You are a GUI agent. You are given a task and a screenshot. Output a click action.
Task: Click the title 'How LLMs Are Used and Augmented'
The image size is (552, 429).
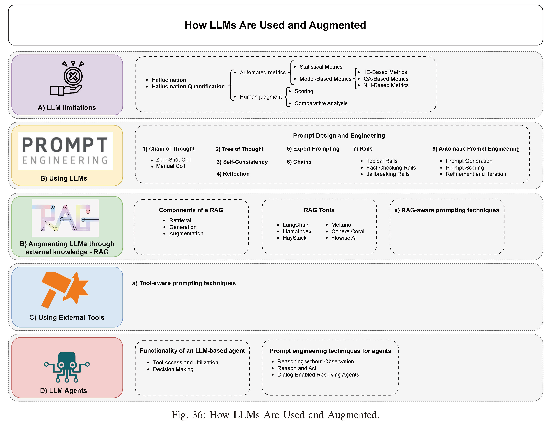[x=275, y=25]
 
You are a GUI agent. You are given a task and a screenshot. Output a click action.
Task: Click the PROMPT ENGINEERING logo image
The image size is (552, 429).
[x=65, y=151]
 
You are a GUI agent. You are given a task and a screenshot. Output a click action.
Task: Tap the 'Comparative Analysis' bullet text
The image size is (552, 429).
[x=321, y=103]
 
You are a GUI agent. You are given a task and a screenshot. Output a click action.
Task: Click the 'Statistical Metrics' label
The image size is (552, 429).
[x=321, y=67]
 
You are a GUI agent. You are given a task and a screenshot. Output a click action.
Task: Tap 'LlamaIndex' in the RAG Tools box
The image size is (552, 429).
[x=297, y=231]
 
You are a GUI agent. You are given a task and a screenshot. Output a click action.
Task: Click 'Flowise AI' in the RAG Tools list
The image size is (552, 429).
[x=344, y=238]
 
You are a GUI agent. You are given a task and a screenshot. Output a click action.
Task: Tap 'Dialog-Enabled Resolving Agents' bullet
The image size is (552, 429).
[x=318, y=375]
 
